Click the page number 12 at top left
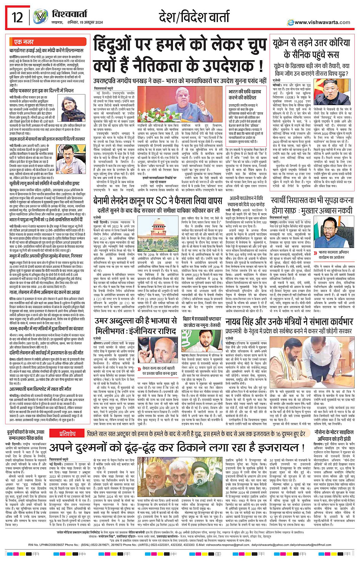pos(17,17)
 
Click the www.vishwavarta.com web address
pos(322,22)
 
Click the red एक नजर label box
pos(24,42)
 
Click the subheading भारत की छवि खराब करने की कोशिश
pos(245,94)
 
